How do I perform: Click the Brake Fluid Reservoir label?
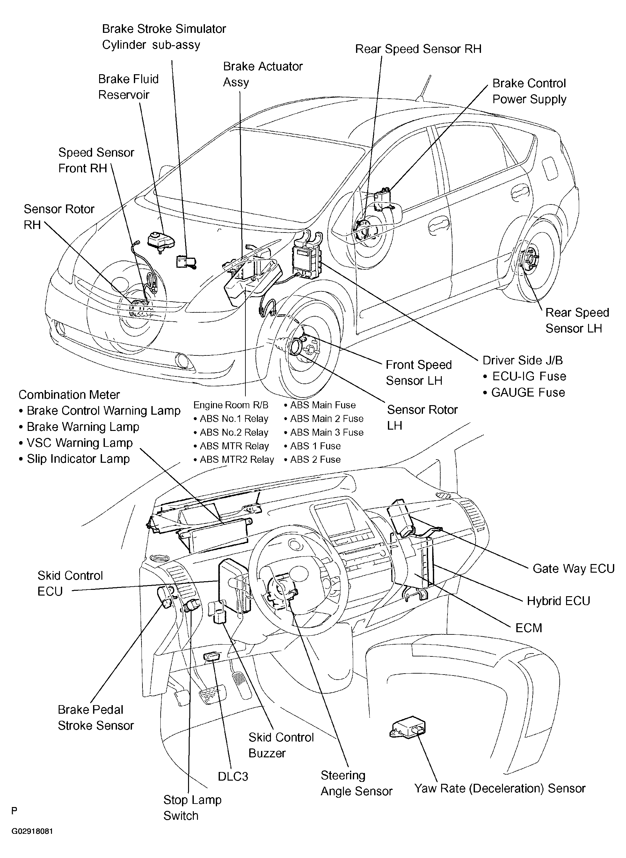128,87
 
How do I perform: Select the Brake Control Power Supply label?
529,91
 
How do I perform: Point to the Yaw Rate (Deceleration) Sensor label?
500,788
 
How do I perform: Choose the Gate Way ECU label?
573,568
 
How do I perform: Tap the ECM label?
528,628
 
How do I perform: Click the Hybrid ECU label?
558,601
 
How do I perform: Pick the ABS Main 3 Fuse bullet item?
324,432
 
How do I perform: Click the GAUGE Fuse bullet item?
524,392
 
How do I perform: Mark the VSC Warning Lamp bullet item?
76,443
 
